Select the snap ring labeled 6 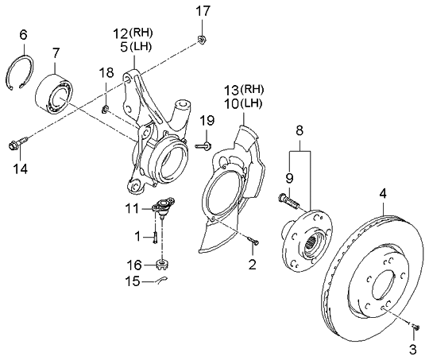pyautogui.click(x=19, y=72)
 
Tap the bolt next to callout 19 pyautogui.click(x=203, y=145)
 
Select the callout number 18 pyautogui.click(x=106, y=73)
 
